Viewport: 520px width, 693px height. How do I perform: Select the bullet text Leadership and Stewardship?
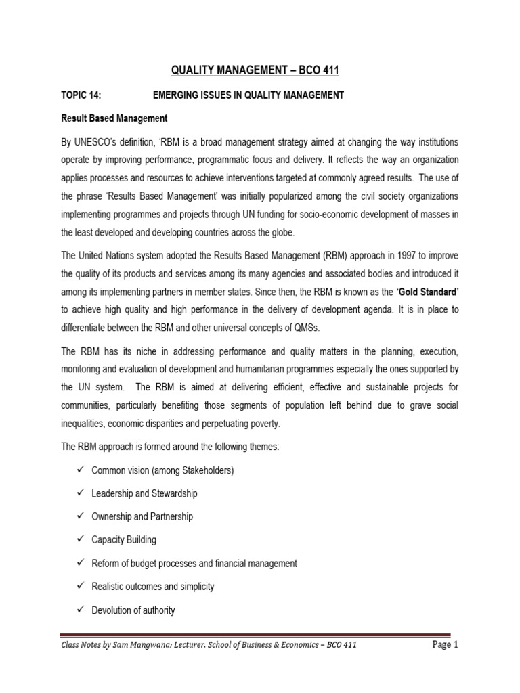[144, 493]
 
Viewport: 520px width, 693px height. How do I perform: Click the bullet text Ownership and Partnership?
[142, 516]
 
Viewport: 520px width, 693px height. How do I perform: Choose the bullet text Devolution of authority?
[133, 610]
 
